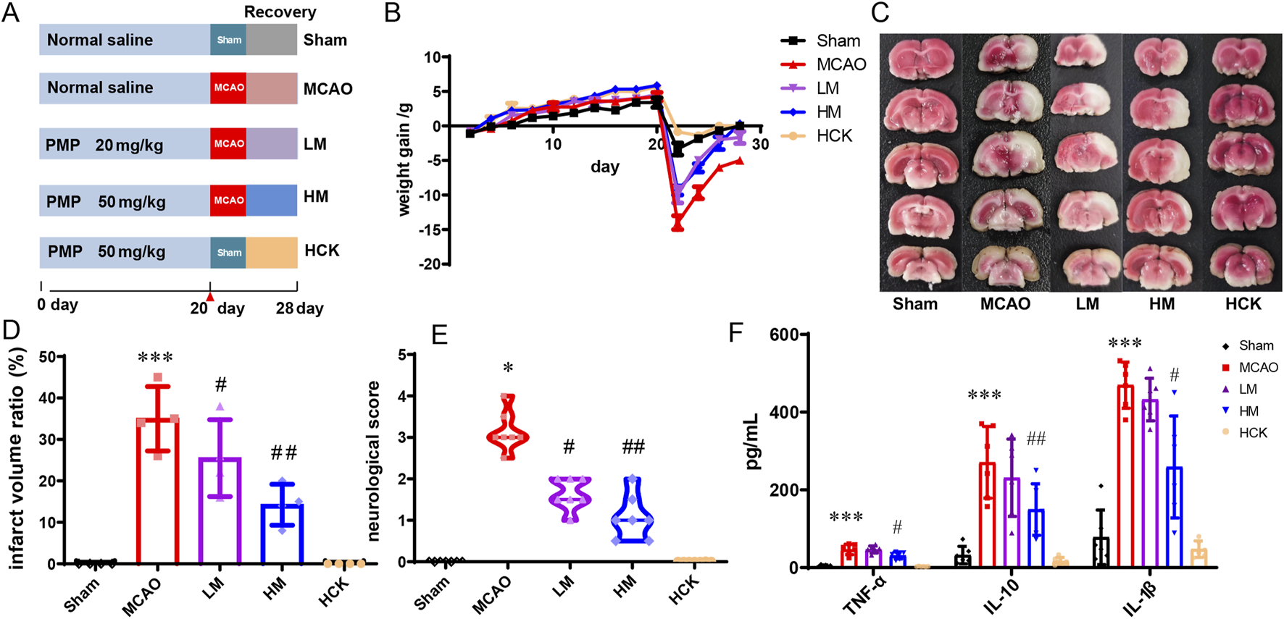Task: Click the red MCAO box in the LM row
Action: [228, 144]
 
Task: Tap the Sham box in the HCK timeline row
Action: [228, 253]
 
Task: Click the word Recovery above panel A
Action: [280, 12]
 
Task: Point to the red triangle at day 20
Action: [210, 297]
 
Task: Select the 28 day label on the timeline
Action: [299, 308]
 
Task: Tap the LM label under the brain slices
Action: [1087, 304]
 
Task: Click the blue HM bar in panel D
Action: [282, 536]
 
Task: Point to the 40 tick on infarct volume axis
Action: [46, 398]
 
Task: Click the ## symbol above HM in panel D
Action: [283, 453]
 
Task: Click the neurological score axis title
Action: [373, 460]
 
